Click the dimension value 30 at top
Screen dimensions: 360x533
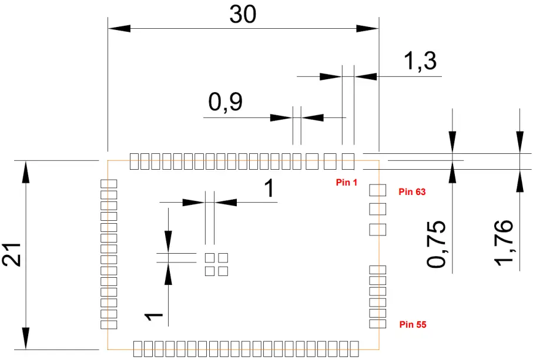[x=243, y=15]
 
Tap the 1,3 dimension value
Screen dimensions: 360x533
[x=421, y=60]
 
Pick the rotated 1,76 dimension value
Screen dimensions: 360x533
[x=504, y=242]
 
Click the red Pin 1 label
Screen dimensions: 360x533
[x=347, y=183]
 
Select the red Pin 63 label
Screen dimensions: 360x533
[x=411, y=191]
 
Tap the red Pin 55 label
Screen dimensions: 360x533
[x=413, y=324]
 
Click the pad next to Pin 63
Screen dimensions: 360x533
[x=377, y=190]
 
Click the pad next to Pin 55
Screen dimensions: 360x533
[x=377, y=324]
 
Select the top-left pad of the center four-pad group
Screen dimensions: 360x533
[x=209, y=258]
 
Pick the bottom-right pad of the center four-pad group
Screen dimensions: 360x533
[x=223, y=271]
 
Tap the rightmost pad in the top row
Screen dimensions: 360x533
[x=348, y=160]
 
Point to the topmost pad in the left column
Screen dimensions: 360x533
[x=109, y=184]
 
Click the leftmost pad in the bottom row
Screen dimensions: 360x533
[x=138, y=348]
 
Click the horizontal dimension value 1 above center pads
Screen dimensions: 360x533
[x=269, y=189]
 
